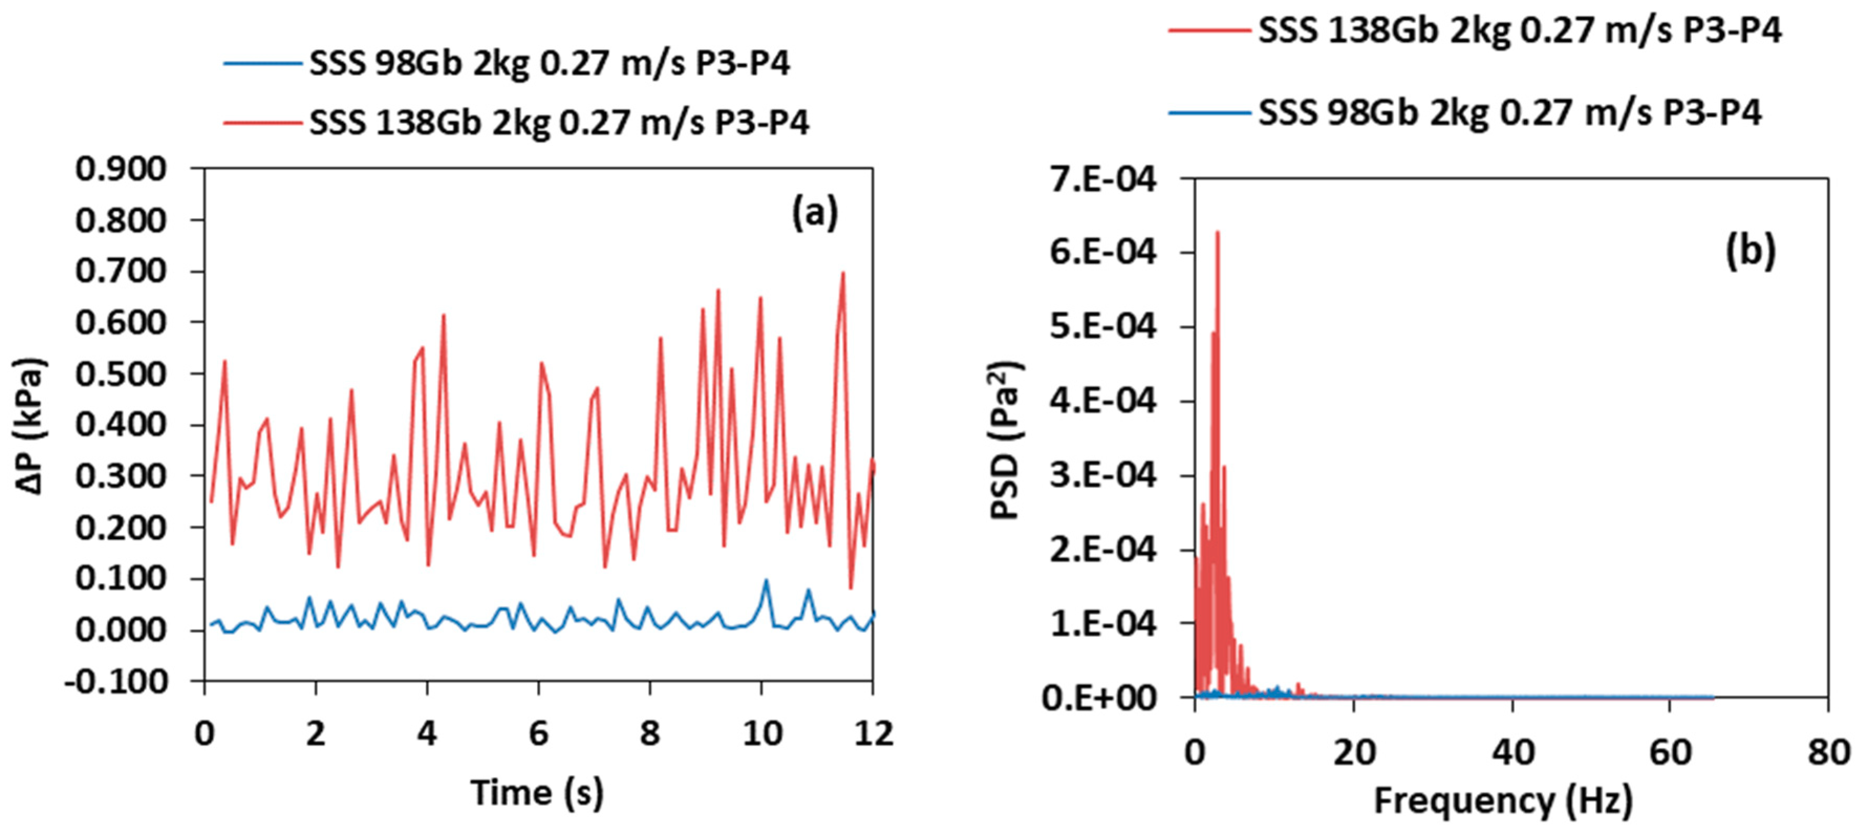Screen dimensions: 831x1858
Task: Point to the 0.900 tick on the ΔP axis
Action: pos(121,169)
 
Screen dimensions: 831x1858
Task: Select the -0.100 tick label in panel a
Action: pos(115,681)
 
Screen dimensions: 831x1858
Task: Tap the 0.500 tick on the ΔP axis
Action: pos(121,374)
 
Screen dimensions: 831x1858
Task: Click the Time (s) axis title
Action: pos(537,792)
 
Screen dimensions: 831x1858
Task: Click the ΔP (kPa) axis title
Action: pos(30,426)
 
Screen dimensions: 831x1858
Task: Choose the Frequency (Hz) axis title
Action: pos(1503,801)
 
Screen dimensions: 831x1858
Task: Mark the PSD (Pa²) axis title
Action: pos(1006,440)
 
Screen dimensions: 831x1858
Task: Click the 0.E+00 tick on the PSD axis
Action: pos(1098,697)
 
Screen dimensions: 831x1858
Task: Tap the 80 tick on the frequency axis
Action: pos(1828,752)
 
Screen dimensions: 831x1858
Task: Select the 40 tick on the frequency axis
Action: pos(1512,752)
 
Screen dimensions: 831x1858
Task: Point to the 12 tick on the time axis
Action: pos(873,733)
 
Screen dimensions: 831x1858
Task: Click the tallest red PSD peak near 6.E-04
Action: pos(1217,232)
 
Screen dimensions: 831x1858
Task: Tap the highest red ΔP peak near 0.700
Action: pos(842,273)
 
